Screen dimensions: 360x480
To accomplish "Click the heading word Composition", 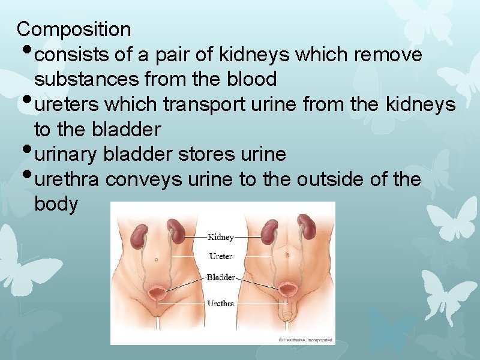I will (74, 29).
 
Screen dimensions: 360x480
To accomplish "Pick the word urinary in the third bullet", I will (67, 154).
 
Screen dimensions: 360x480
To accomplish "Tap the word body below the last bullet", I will (56, 205).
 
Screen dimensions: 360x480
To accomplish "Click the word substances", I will (86, 79).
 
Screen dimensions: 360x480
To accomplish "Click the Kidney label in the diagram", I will (221, 237).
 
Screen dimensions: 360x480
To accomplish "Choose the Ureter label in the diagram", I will (220, 256).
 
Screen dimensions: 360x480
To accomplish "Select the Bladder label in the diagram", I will (220, 277).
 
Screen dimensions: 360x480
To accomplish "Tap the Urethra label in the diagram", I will (220, 303).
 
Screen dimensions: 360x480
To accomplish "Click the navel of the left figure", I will (157, 260).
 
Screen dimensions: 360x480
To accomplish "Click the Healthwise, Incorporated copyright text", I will (305, 340).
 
